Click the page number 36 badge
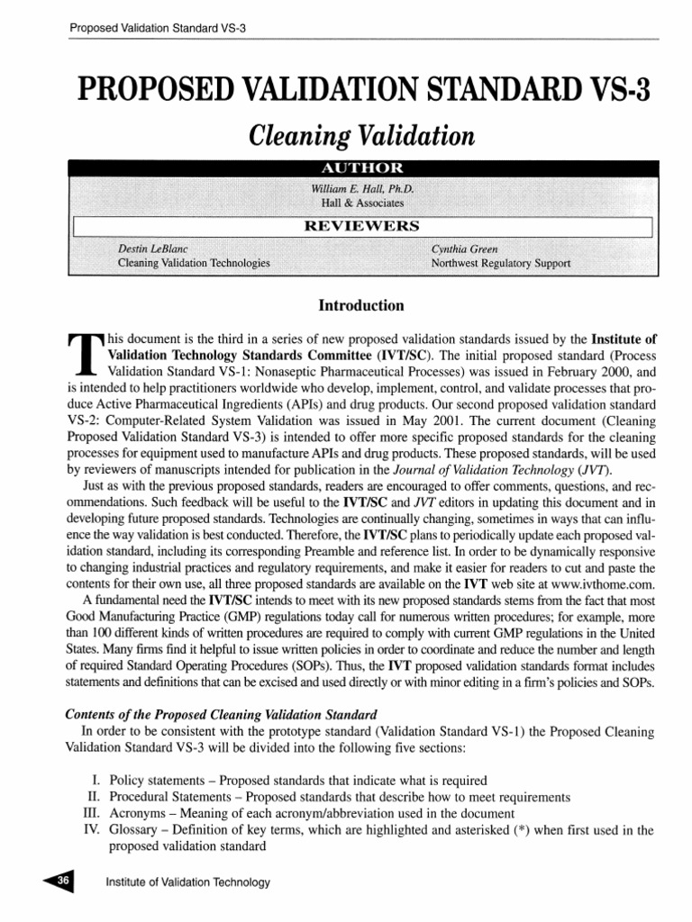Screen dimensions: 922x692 64,881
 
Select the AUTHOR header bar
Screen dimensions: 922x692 361,168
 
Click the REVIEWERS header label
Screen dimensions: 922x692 361,225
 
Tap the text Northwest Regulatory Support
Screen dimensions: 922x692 500,263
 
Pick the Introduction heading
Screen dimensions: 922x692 361,306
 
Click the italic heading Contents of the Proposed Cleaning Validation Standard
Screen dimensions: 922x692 222,714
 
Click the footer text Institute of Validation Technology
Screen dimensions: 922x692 187,882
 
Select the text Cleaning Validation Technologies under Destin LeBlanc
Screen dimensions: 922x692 195,263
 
